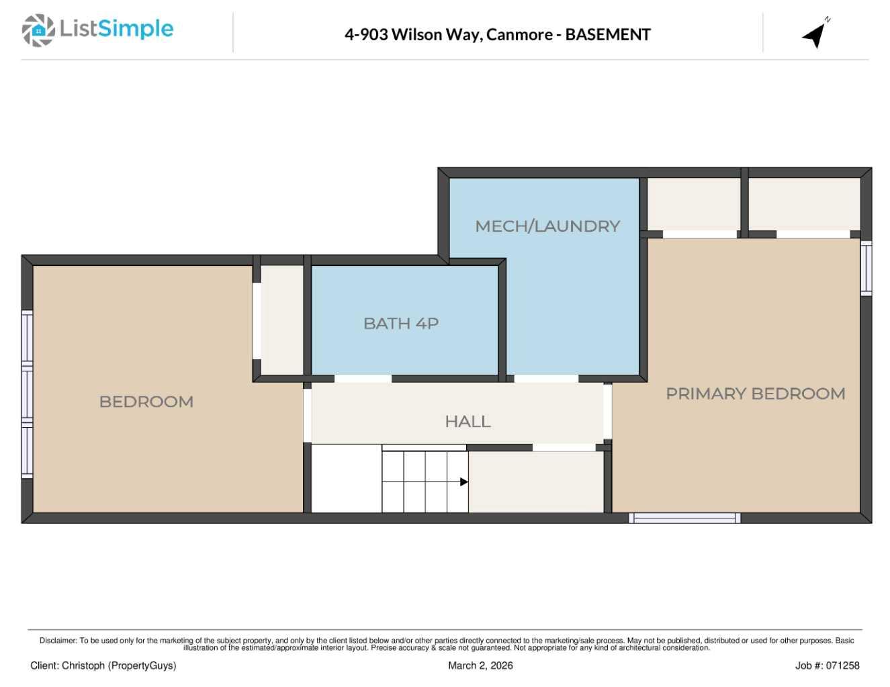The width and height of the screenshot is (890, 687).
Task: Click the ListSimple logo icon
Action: coord(38,30)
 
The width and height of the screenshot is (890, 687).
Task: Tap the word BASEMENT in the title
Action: coord(607,35)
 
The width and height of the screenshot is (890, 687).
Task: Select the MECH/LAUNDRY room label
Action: coord(547,226)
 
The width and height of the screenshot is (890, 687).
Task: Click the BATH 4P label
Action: coord(401,324)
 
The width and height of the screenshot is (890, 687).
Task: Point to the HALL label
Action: coord(468,422)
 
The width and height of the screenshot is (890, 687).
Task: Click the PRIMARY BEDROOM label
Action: coord(755,394)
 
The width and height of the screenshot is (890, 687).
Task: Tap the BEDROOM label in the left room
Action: coord(146,402)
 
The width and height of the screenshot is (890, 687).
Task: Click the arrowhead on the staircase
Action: coord(463,482)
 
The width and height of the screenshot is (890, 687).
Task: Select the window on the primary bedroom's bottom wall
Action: coord(684,518)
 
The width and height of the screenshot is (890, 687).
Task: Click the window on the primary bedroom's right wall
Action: coord(866,268)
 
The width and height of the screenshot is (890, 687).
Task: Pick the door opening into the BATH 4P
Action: coord(363,379)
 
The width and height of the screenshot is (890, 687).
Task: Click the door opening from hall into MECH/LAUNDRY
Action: coord(545,379)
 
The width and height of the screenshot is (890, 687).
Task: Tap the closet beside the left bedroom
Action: coord(282,320)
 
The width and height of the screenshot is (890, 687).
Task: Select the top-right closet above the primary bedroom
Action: coord(804,203)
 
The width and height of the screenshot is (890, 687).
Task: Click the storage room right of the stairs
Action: coord(535,482)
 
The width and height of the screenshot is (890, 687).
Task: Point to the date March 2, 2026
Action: coord(480,666)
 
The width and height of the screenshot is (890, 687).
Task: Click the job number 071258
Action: coord(842,666)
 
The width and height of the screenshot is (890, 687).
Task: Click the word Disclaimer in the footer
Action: coord(58,641)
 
